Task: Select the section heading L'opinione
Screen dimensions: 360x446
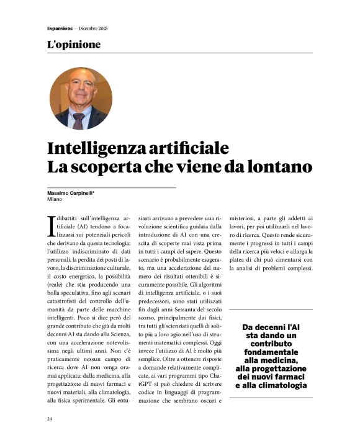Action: point(73,45)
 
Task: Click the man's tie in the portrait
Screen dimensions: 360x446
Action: point(79,118)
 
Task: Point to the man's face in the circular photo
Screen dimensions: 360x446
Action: point(79,93)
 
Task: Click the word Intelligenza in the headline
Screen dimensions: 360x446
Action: point(92,149)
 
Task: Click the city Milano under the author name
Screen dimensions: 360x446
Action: point(56,200)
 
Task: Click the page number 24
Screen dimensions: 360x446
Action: point(49,419)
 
